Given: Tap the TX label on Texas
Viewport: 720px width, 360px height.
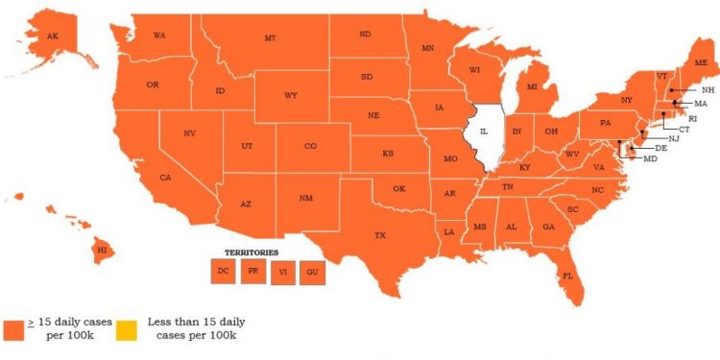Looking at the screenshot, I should (x=380, y=234).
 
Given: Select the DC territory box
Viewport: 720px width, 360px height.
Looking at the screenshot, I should (x=223, y=272).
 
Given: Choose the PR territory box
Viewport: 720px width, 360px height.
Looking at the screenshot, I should (x=252, y=272).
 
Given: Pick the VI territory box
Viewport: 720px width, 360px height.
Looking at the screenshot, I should (x=282, y=274).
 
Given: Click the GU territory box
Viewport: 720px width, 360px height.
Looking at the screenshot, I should (x=312, y=274).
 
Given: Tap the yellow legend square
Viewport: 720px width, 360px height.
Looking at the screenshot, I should (x=126, y=329).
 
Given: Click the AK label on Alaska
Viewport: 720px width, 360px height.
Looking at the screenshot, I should (x=40, y=36).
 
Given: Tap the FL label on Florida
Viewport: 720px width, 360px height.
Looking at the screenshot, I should (x=567, y=276).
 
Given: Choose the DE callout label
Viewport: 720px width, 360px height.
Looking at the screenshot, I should (x=660, y=148).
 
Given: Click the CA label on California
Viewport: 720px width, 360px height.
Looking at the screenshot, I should (x=165, y=178).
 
